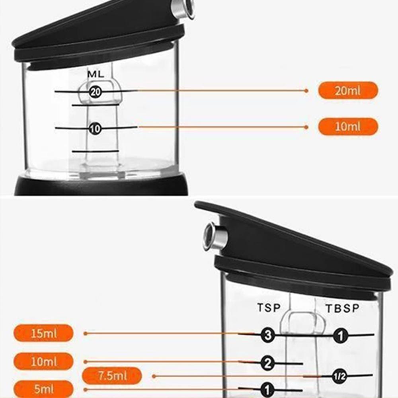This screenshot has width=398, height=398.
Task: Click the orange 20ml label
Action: pos(348,90)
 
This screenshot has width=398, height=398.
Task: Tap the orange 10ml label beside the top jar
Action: pos(348,127)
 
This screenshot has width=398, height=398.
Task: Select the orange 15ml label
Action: pos(44,333)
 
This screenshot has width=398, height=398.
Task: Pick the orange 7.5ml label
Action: pos(112,376)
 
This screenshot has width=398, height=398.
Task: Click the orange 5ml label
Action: pos(44,389)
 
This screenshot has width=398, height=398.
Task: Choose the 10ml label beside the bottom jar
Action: pos(44,362)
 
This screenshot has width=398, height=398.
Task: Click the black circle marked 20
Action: pos(96,92)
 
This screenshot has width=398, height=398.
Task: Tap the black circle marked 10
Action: pos(96,128)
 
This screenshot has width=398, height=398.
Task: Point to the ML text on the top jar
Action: pos(96,74)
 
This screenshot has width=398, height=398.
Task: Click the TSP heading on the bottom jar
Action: pos(268,308)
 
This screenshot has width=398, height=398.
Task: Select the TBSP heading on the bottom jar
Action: pos(342,308)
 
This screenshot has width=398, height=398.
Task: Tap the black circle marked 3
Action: pos(268,335)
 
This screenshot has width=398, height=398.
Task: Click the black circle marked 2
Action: pos(268,363)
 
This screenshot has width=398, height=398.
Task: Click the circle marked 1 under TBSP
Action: pos(340,336)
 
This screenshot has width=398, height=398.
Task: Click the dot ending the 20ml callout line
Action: pos(306,91)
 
